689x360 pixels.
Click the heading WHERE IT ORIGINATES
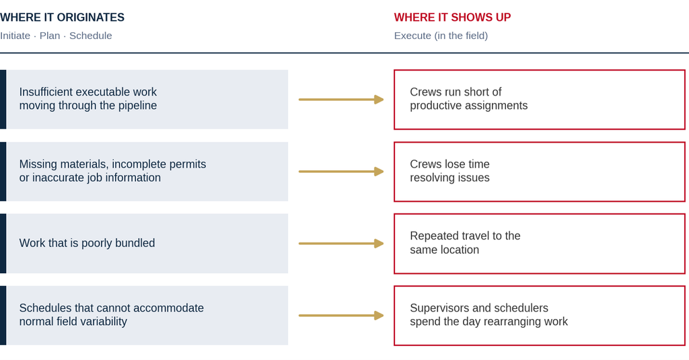62,17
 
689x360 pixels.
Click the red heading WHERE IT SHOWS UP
452,17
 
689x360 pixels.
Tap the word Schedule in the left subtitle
91,36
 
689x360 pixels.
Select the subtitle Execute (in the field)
441,36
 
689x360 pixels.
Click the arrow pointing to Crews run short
341,100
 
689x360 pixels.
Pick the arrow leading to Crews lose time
341,172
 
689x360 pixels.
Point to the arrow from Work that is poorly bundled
341,244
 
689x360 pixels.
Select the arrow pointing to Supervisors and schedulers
341,316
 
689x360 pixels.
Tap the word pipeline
137,106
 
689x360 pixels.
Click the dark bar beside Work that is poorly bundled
3,244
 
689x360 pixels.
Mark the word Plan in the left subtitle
50,36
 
